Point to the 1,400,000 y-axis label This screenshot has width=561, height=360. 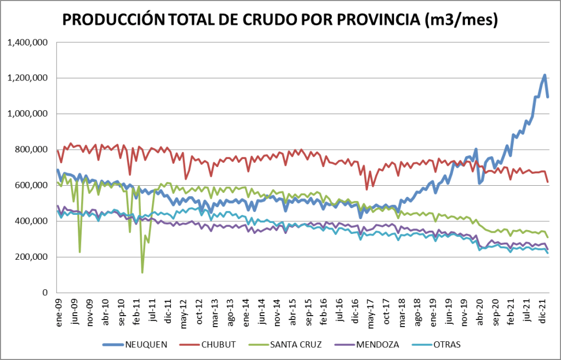[x=27, y=42]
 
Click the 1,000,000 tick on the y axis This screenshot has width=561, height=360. [x=27, y=114]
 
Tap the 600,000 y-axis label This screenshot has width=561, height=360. [x=32, y=185]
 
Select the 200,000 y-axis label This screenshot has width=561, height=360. [x=32, y=257]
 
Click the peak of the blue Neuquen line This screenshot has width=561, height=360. [x=545, y=75]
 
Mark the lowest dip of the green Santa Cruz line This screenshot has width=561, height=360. [x=142, y=272]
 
